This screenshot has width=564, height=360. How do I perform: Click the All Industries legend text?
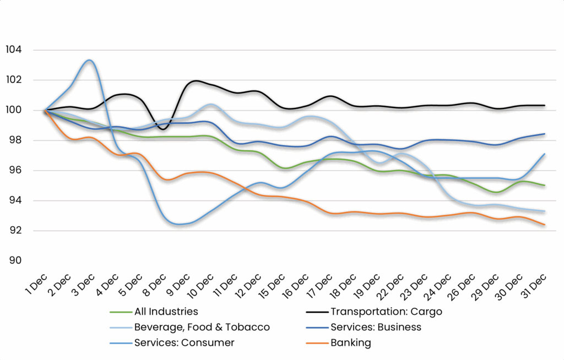[x=166, y=312]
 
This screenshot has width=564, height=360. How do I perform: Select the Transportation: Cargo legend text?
[x=386, y=312]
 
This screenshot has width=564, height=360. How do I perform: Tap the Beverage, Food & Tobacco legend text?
[x=202, y=327]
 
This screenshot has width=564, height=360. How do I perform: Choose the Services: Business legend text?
[x=376, y=327]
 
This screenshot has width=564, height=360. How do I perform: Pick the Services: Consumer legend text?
[x=184, y=342]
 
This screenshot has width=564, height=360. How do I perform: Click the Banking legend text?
[x=351, y=342]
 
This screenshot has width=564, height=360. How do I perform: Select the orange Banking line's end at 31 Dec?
[x=544, y=225]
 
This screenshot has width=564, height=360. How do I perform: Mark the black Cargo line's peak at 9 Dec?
[x=196, y=81]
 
